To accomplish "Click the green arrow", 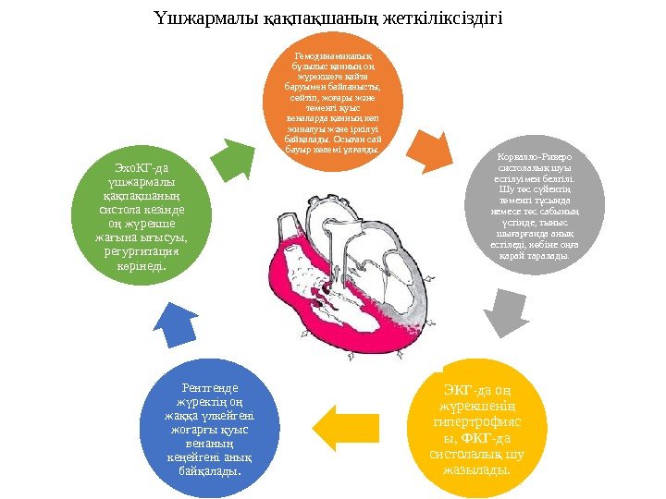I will tap(230, 158).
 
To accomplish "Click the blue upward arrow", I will tap(175, 324).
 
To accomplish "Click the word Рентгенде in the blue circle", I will tap(210, 387).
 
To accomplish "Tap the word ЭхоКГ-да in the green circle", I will tap(140, 168).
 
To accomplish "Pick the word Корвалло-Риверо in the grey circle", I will tap(536, 159).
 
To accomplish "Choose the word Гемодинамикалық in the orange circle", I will tap(334, 57).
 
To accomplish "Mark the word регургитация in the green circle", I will tap(142, 250).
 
